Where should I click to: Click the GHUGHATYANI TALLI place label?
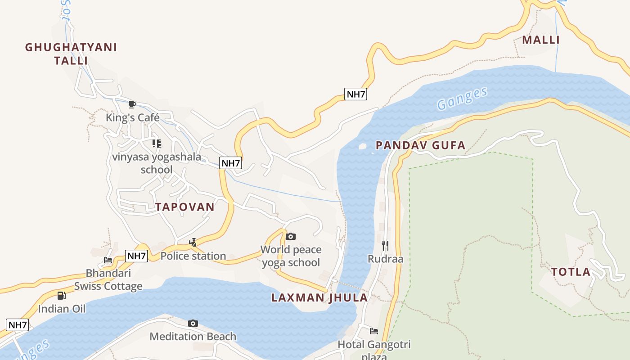71,54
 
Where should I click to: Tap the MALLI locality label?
541,40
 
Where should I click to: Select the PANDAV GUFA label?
420,145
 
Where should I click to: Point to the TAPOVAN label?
184,207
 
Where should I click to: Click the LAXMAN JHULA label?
319,297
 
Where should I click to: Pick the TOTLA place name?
571,272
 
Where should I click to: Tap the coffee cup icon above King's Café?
132,105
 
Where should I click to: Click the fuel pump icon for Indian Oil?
61,296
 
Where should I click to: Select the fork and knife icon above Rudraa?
385,246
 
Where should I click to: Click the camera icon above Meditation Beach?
193,323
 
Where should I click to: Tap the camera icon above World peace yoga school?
291,236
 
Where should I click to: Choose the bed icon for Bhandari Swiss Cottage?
108,260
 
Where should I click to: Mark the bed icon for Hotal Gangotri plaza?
374,331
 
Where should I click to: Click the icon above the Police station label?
193,243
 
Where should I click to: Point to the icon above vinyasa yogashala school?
156,144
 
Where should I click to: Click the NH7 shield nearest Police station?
136,256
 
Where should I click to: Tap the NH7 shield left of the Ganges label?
355,94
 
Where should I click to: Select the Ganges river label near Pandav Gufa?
462,99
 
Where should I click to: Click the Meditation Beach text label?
193,336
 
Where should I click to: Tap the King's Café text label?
132,117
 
